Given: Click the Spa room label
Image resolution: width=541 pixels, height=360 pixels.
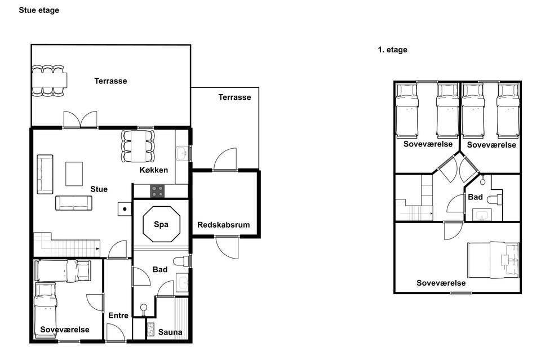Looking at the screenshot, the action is click(x=161, y=224).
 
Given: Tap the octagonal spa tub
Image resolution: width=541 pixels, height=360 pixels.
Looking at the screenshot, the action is click(x=162, y=224).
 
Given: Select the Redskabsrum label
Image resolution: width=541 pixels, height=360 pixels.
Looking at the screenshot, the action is click(x=224, y=225).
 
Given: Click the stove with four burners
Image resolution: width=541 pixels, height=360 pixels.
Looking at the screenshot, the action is click(x=157, y=191).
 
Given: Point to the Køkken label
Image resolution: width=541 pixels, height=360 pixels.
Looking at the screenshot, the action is click(x=153, y=170).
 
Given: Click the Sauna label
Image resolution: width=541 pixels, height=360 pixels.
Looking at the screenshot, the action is click(x=170, y=332).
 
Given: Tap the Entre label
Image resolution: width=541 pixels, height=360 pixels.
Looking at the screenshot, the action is click(x=118, y=315).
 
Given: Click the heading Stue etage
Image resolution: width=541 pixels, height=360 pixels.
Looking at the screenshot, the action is click(x=39, y=10).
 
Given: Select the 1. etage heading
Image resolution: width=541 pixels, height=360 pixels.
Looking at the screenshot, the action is click(x=392, y=50).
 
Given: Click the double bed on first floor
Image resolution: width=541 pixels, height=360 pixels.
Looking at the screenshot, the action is click(x=493, y=260).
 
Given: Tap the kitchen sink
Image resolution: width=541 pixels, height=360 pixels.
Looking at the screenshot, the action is click(x=182, y=153).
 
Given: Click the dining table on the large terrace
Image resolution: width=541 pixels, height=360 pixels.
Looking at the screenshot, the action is click(x=49, y=81).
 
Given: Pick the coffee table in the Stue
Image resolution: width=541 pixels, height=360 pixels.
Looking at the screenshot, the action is click(x=74, y=174).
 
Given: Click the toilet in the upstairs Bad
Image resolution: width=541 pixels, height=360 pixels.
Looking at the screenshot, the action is click(x=495, y=199).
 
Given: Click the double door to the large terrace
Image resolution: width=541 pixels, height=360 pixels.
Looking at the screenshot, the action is click(x=81, y=119).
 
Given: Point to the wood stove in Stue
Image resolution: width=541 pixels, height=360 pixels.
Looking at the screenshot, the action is click(x=125, y=209).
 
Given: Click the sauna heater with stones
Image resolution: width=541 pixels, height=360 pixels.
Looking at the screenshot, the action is click(x=150, y=330).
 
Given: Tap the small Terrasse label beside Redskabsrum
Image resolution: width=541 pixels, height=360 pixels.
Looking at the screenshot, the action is click(x=234, y=97).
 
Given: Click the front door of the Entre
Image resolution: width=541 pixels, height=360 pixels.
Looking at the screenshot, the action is click(x=116, y=333).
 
